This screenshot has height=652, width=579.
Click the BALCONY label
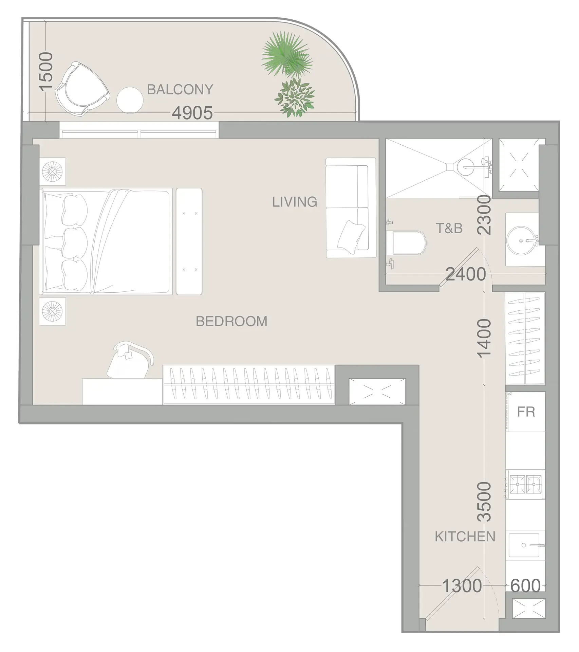click(x=180, y=90)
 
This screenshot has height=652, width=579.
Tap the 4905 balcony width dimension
click(x=192, y=113)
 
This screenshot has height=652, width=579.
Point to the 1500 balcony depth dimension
click(x=46, y=71)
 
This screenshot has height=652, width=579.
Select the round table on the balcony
click(x=130, y=100)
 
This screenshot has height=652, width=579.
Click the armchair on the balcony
click(x=82, y=89)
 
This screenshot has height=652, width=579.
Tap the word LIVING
click(x=295, y=202)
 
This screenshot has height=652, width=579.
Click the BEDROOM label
click(x=231, y=321)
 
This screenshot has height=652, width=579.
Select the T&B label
click(x=449, y=229)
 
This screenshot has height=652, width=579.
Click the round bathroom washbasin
click(x=521, y=240)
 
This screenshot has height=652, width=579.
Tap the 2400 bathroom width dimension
click(x=465, y=274)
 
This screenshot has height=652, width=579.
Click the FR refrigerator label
click(x=526, y=412)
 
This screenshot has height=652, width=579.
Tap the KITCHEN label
click(x=465, y=537)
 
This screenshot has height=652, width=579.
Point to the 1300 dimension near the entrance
click(x=462, y=586)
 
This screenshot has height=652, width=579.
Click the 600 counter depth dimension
click(x=525, y=586)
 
